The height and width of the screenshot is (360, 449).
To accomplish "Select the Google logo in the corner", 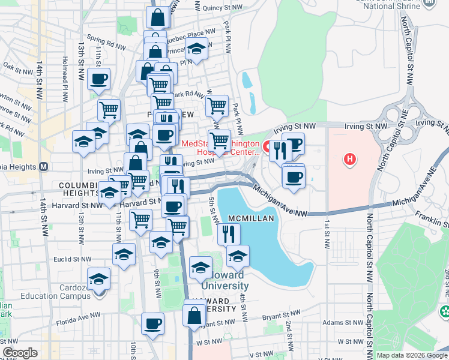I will click(20, 353).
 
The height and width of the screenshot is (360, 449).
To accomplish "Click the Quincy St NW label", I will click(216, 8).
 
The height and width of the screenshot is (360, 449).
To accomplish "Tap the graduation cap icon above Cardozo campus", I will click(99, 279).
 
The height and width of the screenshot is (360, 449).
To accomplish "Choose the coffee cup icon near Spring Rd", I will click(99, 79).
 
